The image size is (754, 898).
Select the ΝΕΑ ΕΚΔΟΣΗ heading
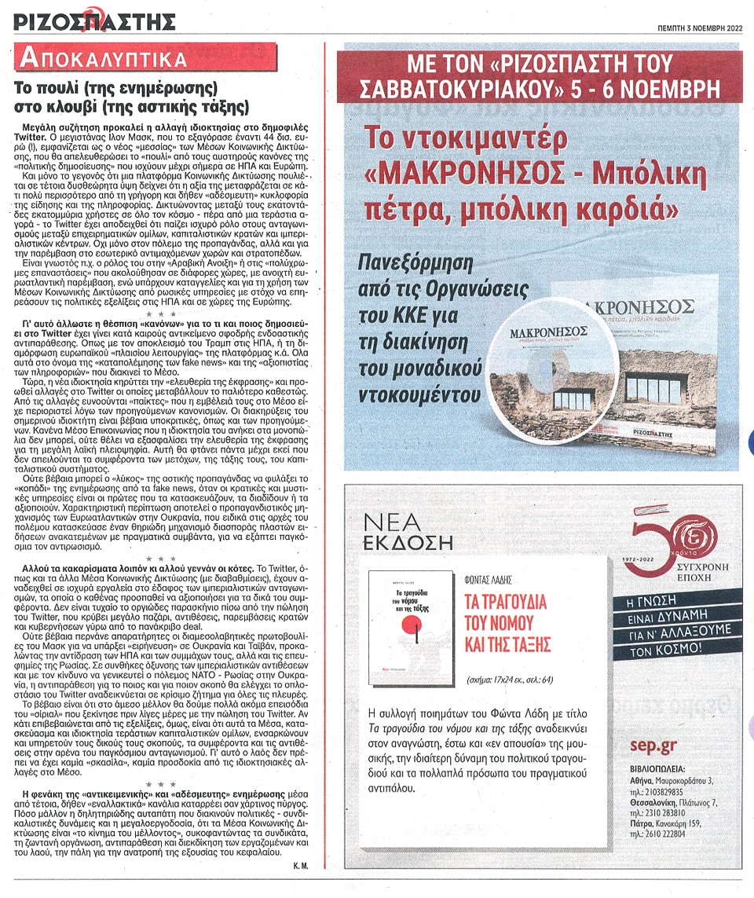pos(408,530)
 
